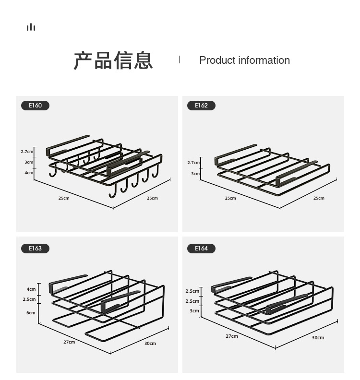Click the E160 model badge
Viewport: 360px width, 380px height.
(35, 106)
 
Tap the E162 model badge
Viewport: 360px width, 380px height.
(201, 106)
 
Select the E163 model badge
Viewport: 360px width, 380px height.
(35, 249)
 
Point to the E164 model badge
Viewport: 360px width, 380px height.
(201, 249)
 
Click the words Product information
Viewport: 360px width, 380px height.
(244, 60)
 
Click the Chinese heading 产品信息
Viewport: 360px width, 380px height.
(113, 60)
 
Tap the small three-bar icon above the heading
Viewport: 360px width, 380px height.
(31, 27)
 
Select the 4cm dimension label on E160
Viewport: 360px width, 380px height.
(29, 173)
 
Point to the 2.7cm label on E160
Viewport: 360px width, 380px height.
(27, 152)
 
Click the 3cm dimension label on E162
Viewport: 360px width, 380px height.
(195, 174)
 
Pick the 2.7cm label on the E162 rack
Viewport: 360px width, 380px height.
(193, 163)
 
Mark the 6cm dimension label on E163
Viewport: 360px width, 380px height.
(31, 313)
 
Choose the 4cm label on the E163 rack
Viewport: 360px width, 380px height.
(31, 289)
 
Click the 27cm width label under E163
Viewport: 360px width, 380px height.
(69, 342)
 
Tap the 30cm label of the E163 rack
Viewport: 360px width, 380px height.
(150, 344)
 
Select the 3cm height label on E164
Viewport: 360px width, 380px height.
(194, 311)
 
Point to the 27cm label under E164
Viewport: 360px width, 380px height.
(232, 336)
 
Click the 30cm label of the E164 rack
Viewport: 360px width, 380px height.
(318, 338)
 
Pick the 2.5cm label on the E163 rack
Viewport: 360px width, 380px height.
(29, 299)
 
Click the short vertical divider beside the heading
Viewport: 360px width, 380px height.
(180, 59)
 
